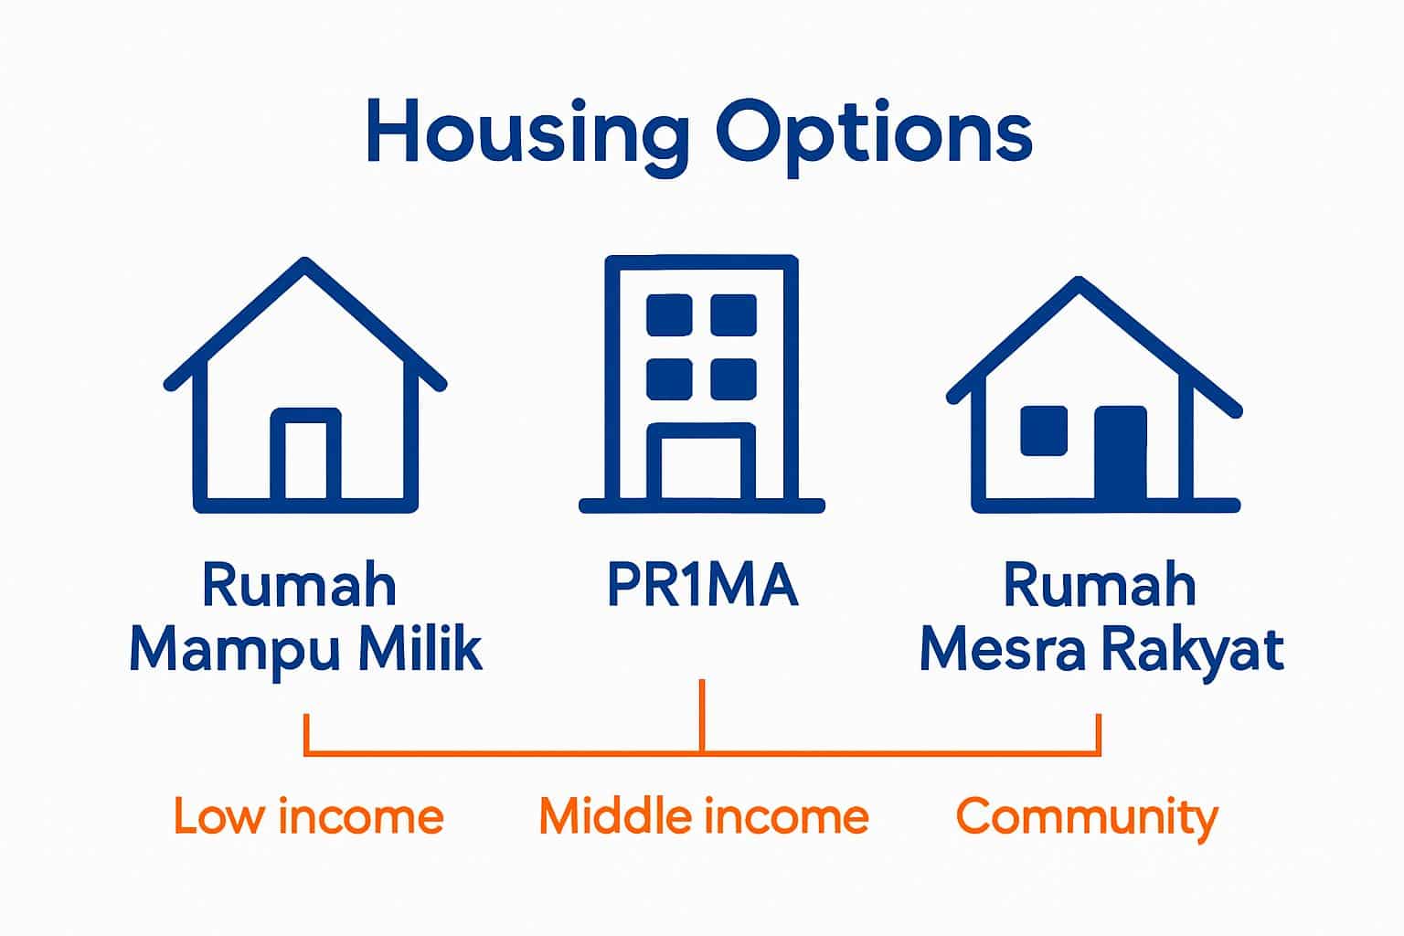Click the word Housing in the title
(x=527, y=135)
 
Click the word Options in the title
(x=875, y=135)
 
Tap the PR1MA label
(x=703, y=584)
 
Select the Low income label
(x=309, y=815)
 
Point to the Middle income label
(x=704, y=815)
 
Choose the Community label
(x=1087, y=818)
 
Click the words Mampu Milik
(x=306, y=652)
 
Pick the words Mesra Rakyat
(x=1101, y=652)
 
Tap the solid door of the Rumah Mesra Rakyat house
(x=1121, y=453)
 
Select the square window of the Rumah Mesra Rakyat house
(x=1044, y=431)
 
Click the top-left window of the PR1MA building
(x=669, y=314)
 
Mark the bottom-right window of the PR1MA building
(x=733, y=378)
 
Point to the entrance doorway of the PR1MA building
(x=701, y=463)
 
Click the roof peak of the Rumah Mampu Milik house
(x=305, y=263)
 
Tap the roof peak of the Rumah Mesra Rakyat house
(x=1079, y=282)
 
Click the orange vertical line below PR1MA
(x=702, y=716)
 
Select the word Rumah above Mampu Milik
(x=299, y=584)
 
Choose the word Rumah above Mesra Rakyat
(x=1100, y=584)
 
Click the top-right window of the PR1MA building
(x=733, y=314)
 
